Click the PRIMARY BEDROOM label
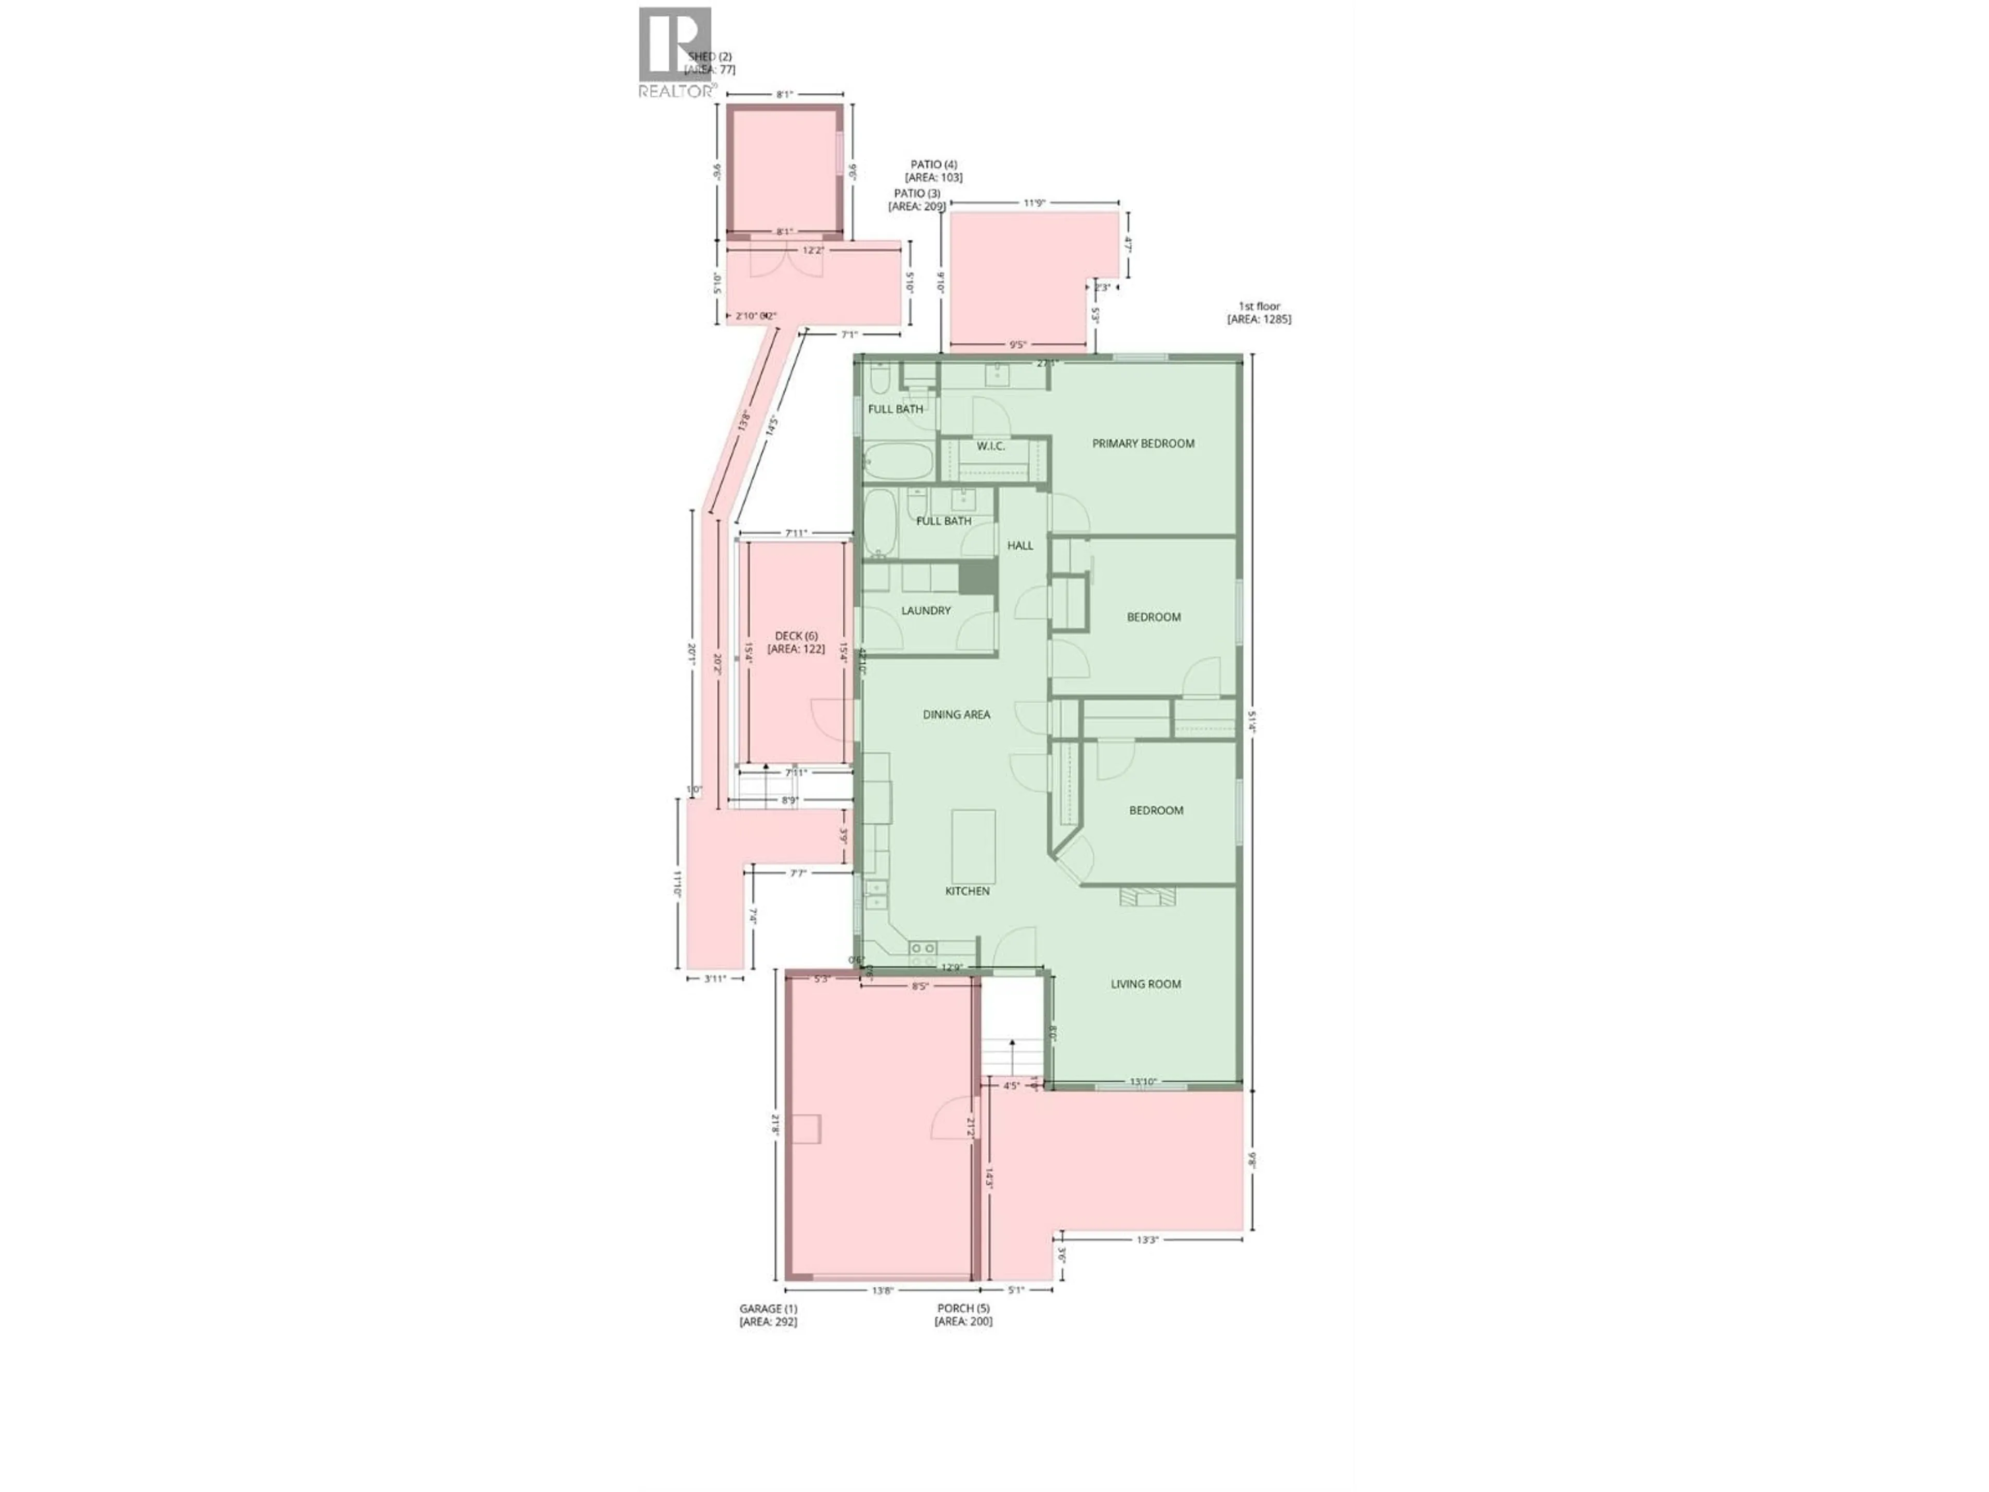point(1143,443)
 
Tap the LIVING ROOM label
point(1146,984)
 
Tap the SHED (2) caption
point(710,56)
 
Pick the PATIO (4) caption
point(933,165)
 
